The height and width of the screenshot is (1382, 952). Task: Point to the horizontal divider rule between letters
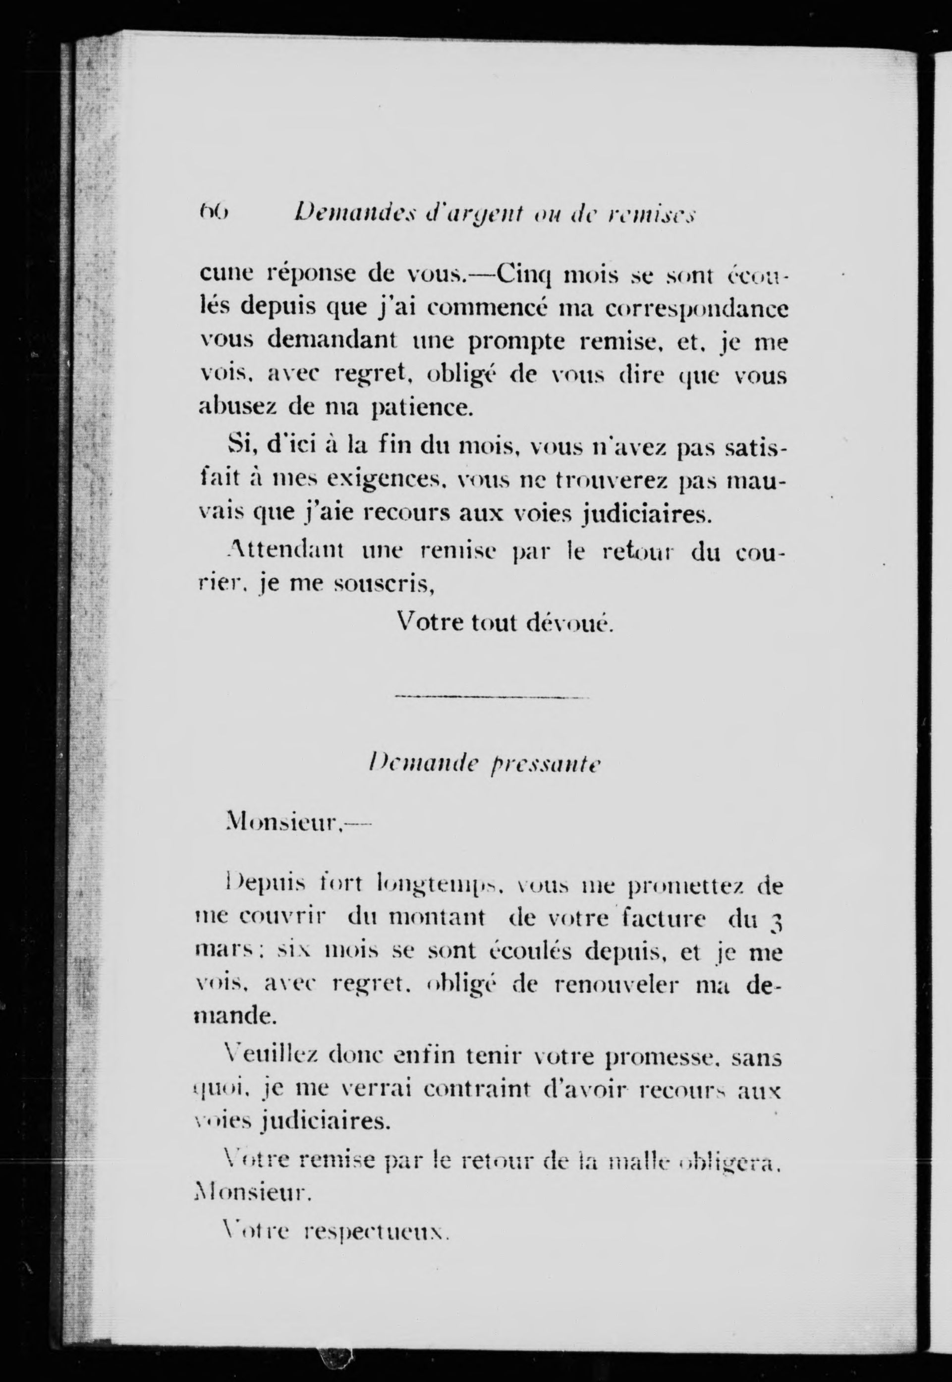pyautogui.click(x=492, y=697)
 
